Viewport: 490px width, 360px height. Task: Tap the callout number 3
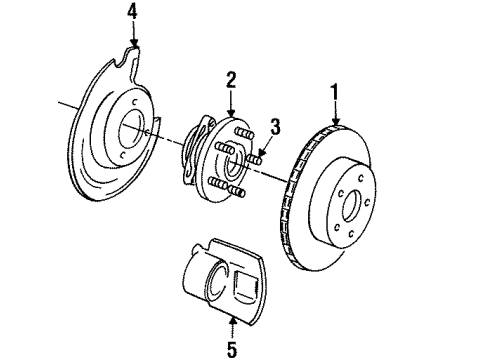[277, 126]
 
